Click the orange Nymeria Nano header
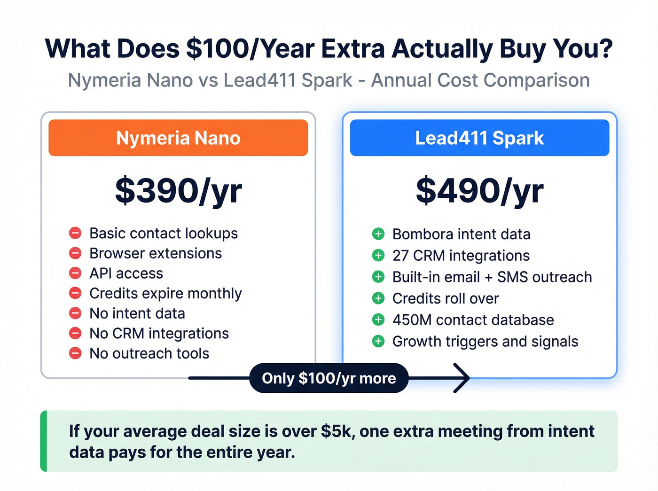click(x=178, y=138)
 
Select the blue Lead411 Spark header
click(x=479, y=138)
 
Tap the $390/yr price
click(x=178, y=191)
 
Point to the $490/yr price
click(x=479, y=191)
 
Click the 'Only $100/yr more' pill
click(x=329, y=378)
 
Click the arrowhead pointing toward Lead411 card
click(x=463, y=378)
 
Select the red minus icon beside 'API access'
click(x=75, y=273)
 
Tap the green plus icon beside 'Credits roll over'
click(x=378, y=298)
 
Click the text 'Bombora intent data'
click(x=461, y=234)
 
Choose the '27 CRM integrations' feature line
click(x=461, y=255)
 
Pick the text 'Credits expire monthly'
click(x=165, y=293)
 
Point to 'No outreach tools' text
click(x=149, y=353)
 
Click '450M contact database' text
click(x=473, y=320)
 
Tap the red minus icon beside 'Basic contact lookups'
click(x=75, y=233)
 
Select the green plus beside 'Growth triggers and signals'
click(x=378, y=341)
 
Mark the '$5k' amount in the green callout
click(x=337, y=431)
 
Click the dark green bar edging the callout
click(x=44, y=441)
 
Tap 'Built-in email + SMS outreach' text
click(x=492, y=277)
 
